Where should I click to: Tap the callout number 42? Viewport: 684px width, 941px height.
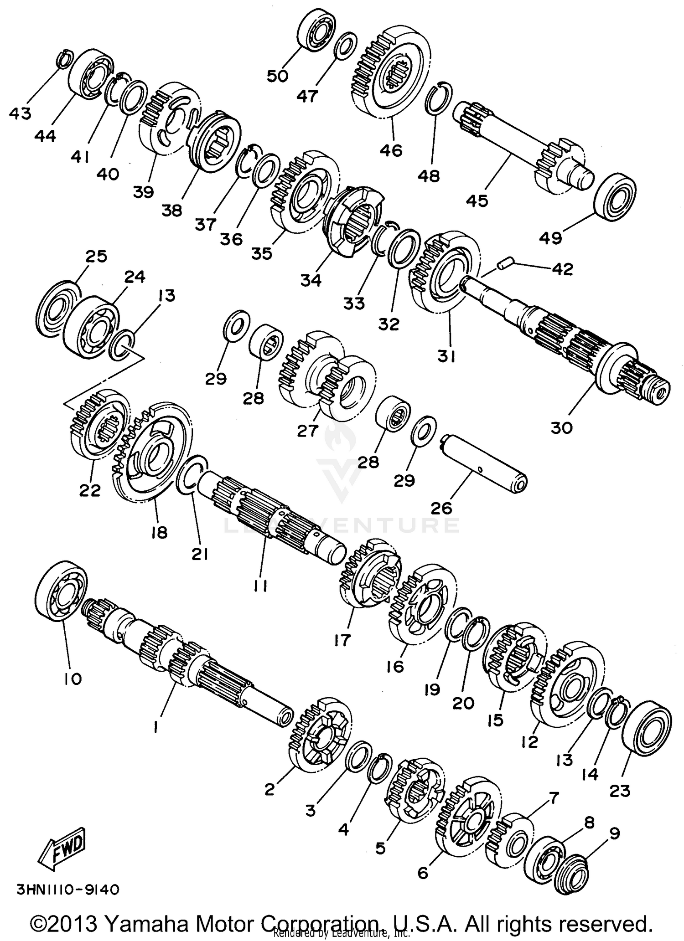562,269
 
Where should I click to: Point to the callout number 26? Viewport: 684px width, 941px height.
441,508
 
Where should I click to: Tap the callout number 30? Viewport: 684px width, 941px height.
561,427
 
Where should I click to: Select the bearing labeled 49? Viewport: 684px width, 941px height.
615,196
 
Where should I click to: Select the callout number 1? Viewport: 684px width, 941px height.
156,728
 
